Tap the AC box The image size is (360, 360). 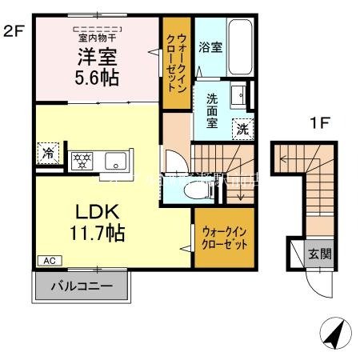point(48,261)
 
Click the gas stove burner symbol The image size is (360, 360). point(81,158)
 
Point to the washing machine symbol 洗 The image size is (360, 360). point(242,128)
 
